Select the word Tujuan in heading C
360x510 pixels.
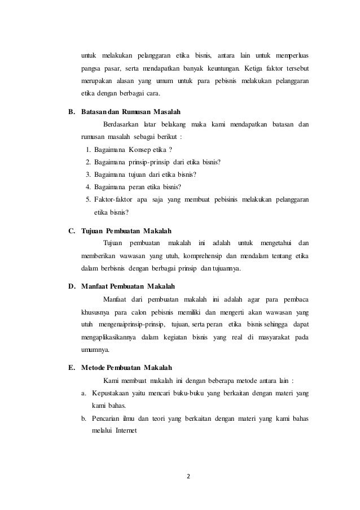pos(93,230)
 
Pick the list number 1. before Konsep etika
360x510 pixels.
pos(89,149)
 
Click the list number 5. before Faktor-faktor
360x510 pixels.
pos(89,199)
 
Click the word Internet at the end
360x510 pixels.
pos(130,433)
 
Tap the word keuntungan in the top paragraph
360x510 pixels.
pos(217,68)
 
